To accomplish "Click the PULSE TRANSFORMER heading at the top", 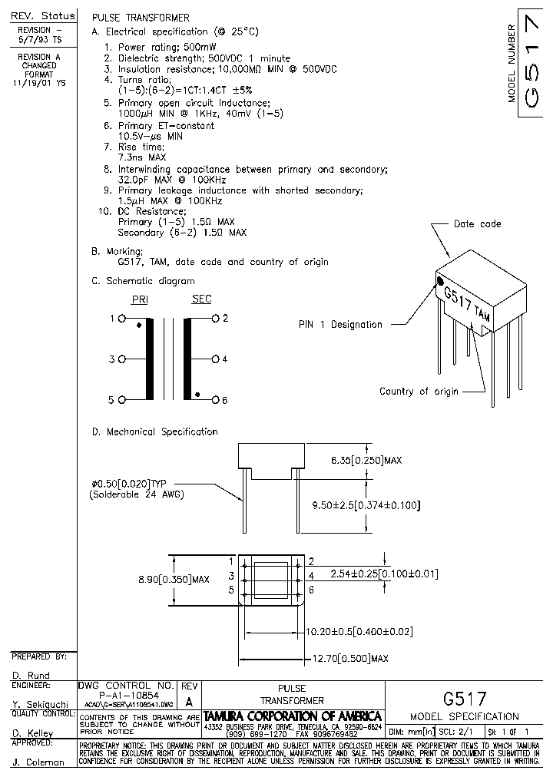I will tap(141, 17).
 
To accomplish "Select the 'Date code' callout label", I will tap(477, 224).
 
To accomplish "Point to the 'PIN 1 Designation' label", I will tap(340, 325).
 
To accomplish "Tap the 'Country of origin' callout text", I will tap(419, 392).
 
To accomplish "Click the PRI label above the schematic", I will tap(140, 299).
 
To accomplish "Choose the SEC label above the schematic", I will tap(201, 299).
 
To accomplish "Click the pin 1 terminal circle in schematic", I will tap(121, 318).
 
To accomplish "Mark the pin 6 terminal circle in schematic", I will tap(216, 400).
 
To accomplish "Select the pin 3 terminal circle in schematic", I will tap(121, 359).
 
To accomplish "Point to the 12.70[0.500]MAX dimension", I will tap(350, 659).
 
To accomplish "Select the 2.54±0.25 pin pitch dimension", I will tap(383, 574).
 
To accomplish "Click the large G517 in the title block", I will tap(465, 699).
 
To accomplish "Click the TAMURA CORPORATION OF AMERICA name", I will tap(293, 716).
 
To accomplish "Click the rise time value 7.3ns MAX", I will tap(142, 157).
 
